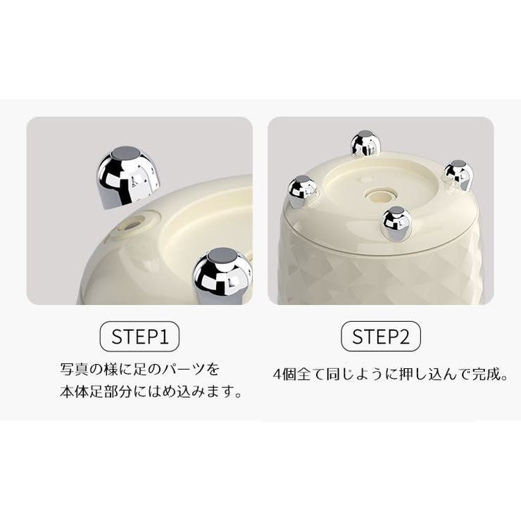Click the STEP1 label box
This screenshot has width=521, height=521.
click(140, 337)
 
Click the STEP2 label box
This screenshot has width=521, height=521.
click(381, 337)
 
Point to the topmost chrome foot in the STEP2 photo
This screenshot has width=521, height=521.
click(365, 144)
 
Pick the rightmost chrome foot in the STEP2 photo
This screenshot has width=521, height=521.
click(458, 175)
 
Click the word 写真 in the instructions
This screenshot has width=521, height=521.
click(73, 369)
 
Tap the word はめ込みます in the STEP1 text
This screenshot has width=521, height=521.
click(191, 391)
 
